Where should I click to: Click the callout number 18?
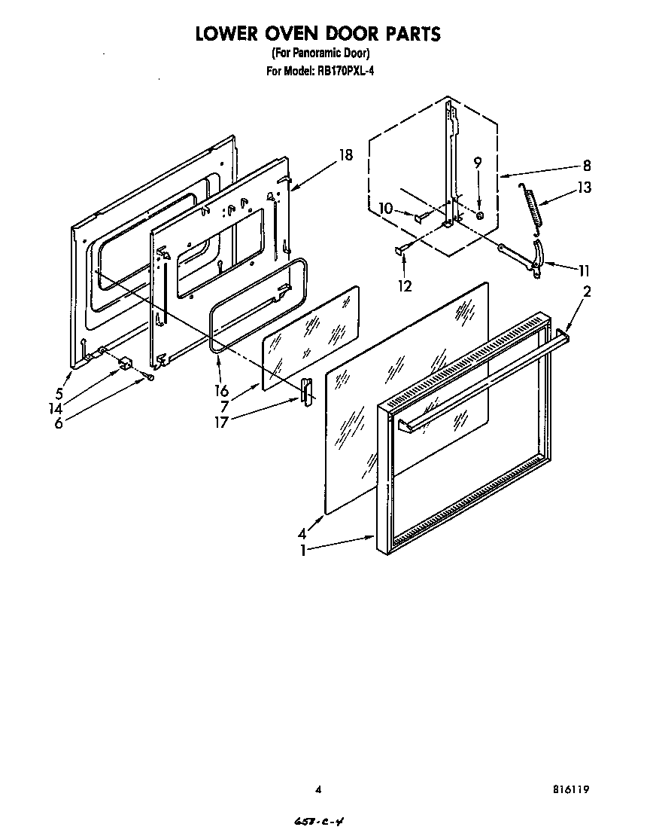[x=345, y=156]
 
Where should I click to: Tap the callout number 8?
[x=586, y=166]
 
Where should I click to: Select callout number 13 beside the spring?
[x=584, y=188]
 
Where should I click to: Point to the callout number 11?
[x=583, y=272]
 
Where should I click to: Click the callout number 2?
[x=586, y=292]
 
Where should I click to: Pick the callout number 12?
[x=405, y=285]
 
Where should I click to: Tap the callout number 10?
[x=386, y=209]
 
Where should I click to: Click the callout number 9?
[x=477, y=162]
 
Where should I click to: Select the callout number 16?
[x=221, y=390]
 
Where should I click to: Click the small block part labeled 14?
[x=125, y=364]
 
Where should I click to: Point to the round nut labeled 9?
[x=479, y=215]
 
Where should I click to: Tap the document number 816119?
[x=570, y=790]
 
